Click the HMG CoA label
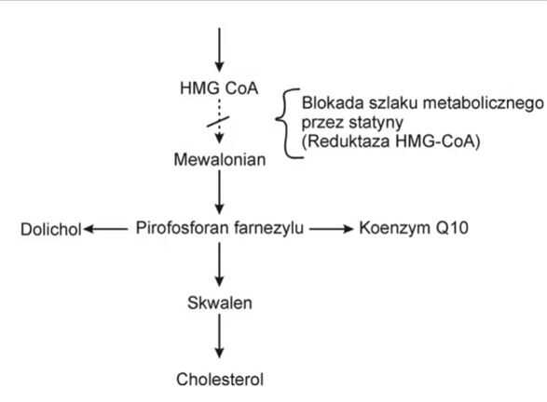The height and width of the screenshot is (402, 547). [x=219, y=87]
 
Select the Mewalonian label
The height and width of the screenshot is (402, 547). [x=220, y=159]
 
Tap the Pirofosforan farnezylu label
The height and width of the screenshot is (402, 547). [x=219, y=229]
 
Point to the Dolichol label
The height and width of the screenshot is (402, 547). [x=51, y=229]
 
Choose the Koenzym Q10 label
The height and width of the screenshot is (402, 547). [x=414, y=228]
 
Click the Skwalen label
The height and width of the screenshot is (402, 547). [x=220, y=302]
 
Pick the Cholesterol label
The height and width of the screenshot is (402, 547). [x=220, y=380]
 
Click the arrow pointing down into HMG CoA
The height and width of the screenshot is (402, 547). [x=219, y=50]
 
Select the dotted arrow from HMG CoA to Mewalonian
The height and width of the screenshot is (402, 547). [x=219, y=122]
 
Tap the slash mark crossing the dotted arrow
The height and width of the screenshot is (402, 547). [x=218, y=122]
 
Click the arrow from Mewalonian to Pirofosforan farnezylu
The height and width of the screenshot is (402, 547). [x=219, y=193]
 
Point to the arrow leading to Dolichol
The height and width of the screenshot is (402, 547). [x=105, y=229]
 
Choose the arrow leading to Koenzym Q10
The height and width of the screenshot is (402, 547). [x=332, y=229]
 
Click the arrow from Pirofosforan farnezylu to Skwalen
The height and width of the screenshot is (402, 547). [x=219, y=264]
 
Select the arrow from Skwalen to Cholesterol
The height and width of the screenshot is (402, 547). [x=219, y=336]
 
